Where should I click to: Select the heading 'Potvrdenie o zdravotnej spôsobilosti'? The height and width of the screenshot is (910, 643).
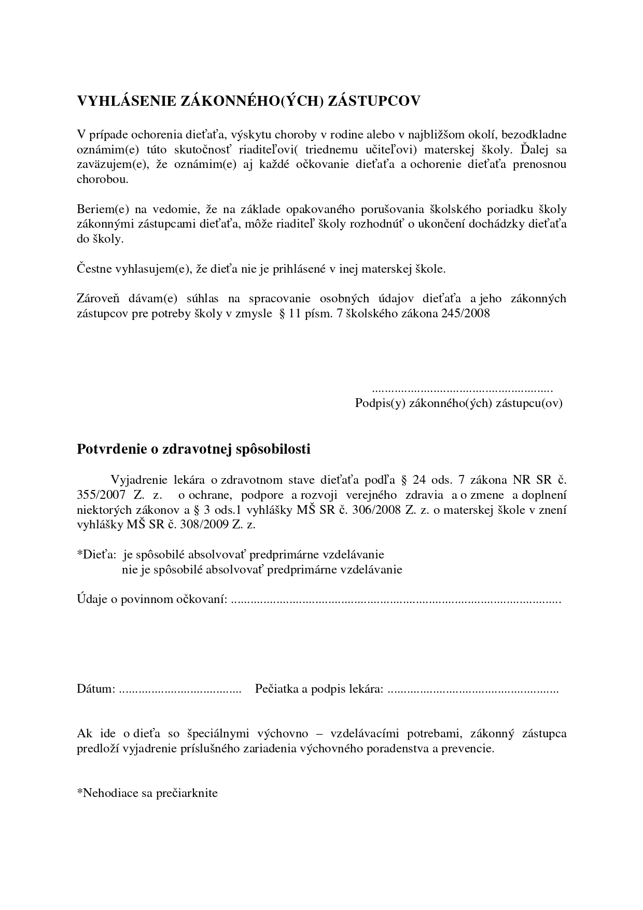tap(193, 449)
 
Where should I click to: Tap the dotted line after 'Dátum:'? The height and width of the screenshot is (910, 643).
tap(180, 690)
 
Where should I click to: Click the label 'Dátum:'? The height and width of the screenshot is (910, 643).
tap(96, 689)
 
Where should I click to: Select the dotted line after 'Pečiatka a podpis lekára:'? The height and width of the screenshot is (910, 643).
tap(473, 690)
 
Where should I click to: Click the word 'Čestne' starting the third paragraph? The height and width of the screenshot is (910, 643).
tap(93, 269)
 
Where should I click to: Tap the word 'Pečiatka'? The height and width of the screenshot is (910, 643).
tap(276, 689)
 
